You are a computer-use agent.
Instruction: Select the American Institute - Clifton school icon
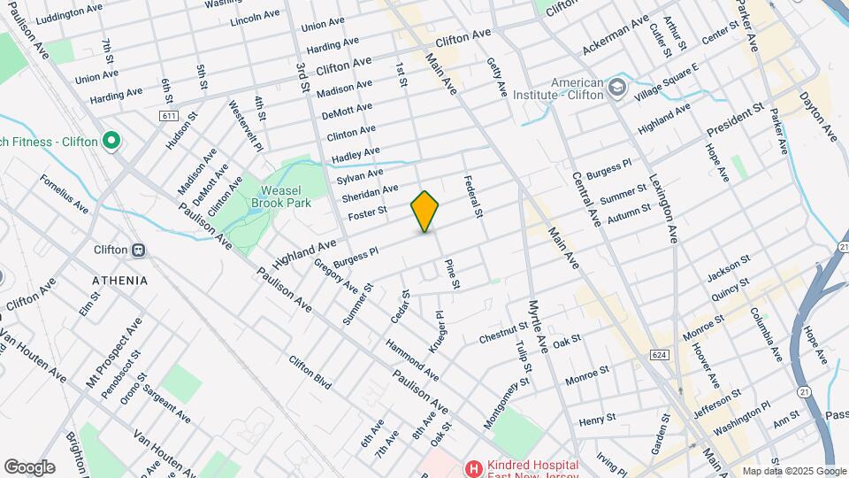coord(616,88)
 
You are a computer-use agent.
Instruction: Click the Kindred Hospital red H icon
coord(474,466)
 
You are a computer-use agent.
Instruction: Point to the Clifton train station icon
coord(138,250)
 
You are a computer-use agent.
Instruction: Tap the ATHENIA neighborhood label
coord(119,281)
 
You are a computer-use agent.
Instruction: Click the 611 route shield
coord(170,116)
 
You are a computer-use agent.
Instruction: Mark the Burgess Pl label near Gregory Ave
coord(356,256)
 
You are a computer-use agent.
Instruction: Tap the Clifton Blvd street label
coord(310,373)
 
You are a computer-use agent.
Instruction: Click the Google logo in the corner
coord(28,466)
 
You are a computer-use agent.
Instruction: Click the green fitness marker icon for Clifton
coord(111,140)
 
